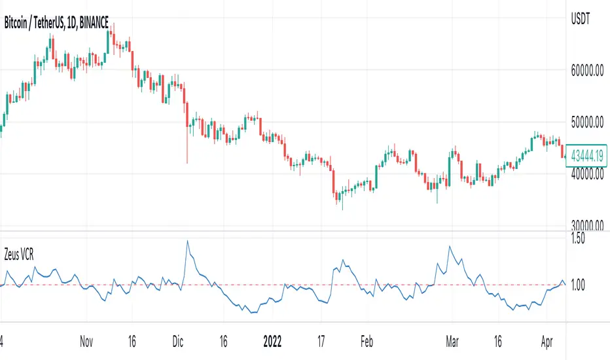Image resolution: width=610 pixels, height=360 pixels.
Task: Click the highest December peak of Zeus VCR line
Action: (x=187, y=241)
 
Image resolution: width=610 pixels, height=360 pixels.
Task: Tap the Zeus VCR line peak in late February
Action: (x=450, y=246)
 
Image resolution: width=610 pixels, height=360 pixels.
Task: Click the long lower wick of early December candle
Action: (x=187, y=147)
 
